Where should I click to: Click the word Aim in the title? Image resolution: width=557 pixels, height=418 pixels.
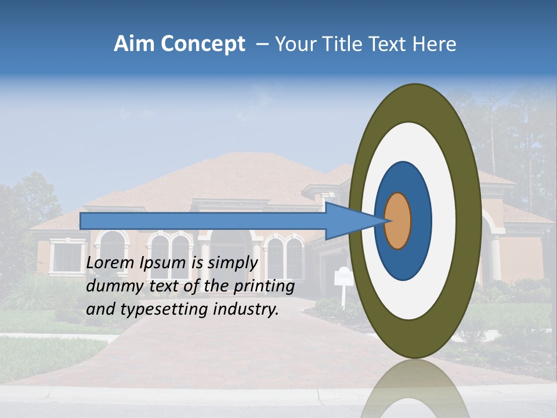click(135, 44)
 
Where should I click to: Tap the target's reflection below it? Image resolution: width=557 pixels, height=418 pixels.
click(413, 389)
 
